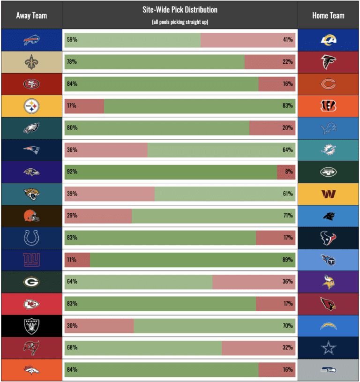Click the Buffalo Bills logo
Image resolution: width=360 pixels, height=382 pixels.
click(31, 40)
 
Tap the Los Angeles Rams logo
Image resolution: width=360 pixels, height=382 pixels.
click(328, 40)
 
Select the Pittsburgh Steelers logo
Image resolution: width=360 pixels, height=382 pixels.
click(31, 106)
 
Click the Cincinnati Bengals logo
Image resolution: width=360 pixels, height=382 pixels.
click(328, 106)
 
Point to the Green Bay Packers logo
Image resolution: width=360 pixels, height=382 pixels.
click(31, 282)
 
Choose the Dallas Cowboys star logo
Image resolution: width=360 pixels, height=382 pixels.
click(328, 348)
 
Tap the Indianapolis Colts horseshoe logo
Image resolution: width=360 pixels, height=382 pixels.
click(31, 238)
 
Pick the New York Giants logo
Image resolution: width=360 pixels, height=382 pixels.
click(31, 260)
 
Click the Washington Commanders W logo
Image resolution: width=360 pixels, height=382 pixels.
click(328, 194)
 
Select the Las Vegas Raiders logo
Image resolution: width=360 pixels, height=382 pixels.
click(31, 326)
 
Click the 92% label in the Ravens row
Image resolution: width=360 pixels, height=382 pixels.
click(72, 172)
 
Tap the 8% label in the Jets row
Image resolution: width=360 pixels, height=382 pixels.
click(289, 172)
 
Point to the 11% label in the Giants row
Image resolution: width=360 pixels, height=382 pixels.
click(71, 260)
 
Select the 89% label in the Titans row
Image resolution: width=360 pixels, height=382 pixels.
click(288, 260)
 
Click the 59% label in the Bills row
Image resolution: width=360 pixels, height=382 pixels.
click(72, 40)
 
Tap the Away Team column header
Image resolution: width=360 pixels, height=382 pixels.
click(31, 15)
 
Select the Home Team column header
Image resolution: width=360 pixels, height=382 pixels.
click(328, 15)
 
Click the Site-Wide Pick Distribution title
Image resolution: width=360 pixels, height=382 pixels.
click(180, 10)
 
